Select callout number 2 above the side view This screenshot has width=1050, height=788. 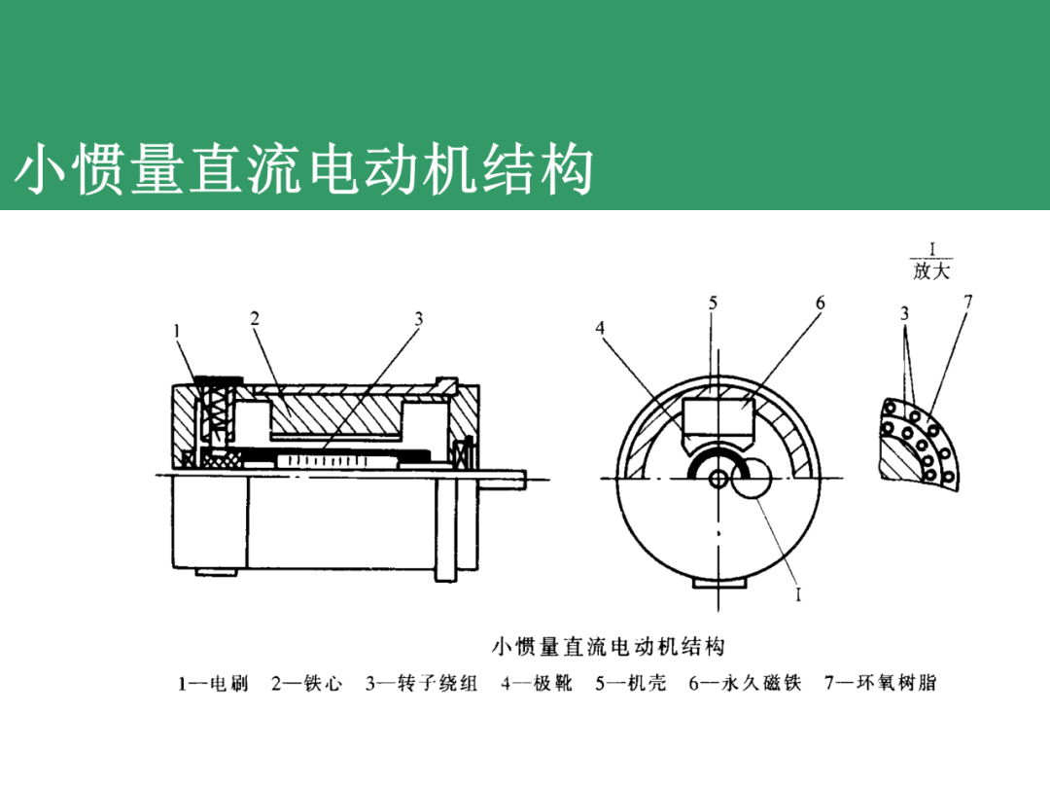pyautogui.click(x=254, y=318)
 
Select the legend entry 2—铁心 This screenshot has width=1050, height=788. pyautogui.click(x=307, y=684)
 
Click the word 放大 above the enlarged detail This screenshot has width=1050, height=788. pyautogui.click(x=930, y=272)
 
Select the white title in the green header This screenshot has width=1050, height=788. pyautogui.click(x=303, y=170)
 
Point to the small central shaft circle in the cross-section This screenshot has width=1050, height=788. pyautogui.click(x=717, y=479)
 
